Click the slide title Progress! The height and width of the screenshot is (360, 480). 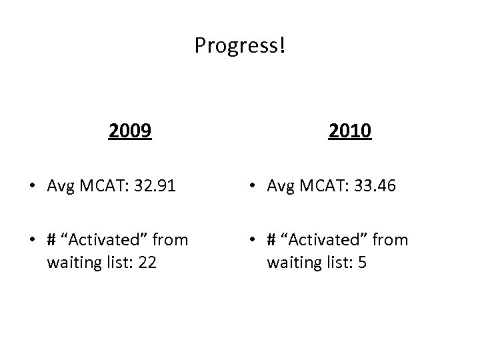coord(239,45)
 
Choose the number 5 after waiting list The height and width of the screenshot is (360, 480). coord(361,262)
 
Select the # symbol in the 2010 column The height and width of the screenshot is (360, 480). coord(273,240)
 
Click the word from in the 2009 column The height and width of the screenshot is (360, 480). coord(171,239)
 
